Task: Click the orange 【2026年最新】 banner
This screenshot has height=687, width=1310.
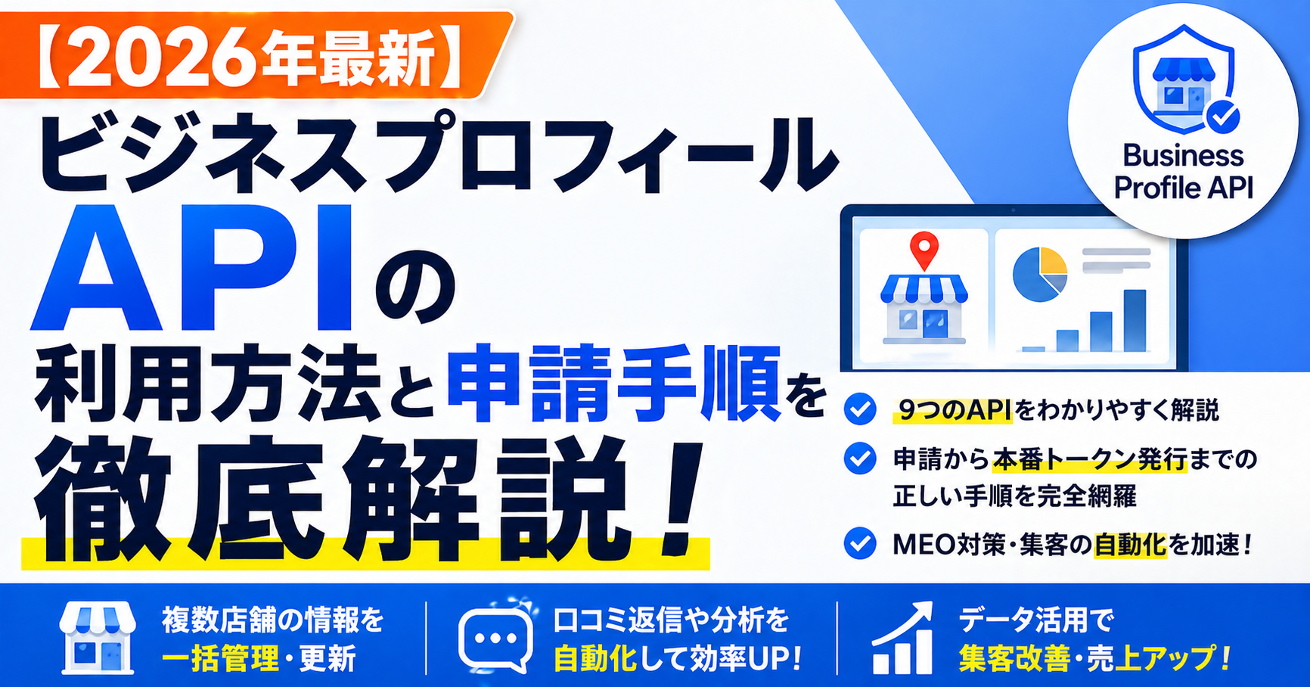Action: [253, 54]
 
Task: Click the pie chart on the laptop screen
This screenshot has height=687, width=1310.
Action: [1039, 274]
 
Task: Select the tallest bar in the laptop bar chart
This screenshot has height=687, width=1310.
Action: [1135, 320]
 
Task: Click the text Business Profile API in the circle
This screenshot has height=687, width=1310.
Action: [1184, 171]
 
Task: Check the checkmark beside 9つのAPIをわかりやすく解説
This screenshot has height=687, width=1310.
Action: [860, 409]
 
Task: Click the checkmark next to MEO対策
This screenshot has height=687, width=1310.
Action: [860, 543]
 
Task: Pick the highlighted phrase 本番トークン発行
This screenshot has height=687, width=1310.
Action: [1090, 459]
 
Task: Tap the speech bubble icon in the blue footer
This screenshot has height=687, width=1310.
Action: [495, 639]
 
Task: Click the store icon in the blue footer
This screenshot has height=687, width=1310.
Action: [98, 638]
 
